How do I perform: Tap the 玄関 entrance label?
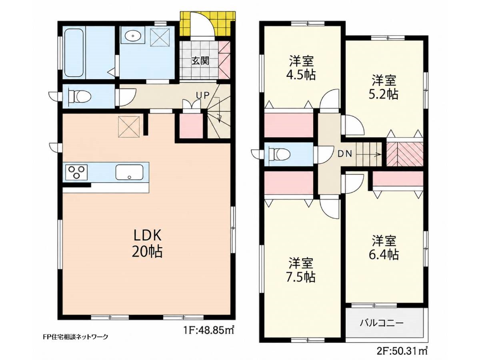200,61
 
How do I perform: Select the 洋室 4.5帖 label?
301,68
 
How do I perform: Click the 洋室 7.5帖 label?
301,270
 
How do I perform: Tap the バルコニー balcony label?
382,323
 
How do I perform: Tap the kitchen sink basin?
130,172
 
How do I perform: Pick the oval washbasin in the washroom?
133,35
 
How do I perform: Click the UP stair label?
203,95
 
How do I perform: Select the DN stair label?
345,154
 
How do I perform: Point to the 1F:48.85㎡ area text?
208,336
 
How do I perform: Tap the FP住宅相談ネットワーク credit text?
76,343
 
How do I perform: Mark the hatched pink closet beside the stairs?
404,154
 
